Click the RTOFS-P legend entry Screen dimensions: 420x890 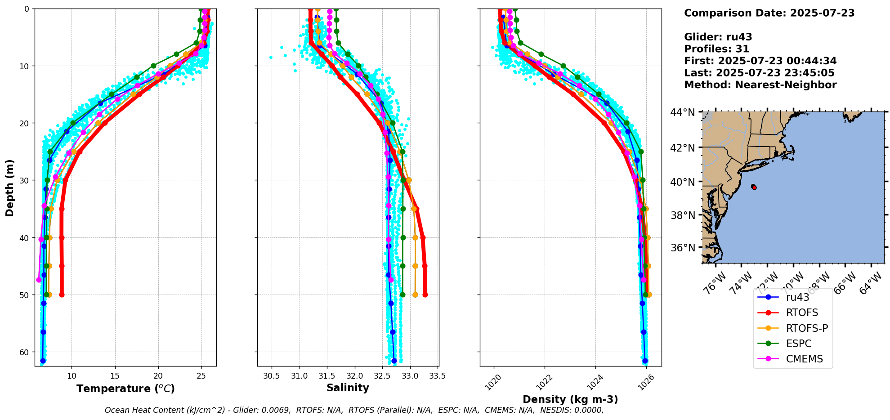coord(807,328)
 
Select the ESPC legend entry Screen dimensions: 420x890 coord(799,344)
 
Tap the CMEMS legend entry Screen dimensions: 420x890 coord(804,359)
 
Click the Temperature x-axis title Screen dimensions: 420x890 coord(125,389)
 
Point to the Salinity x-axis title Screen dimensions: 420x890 coord(348,388)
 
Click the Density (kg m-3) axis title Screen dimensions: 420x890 coord(570,399)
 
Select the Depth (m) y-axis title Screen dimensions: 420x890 coord(10,188)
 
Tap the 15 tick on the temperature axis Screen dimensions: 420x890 coord(115,375)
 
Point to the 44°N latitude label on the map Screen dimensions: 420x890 coord(682,112)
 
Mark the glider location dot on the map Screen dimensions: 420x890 coord(754,187)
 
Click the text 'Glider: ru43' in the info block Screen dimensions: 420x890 coord(718,37)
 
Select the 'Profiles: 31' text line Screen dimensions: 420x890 coord(716,49)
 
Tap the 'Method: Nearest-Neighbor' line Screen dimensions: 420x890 coord(760,85)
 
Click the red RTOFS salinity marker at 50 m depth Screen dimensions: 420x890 coord(425,295)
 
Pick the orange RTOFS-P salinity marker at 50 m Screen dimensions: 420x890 coord(415,295)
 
